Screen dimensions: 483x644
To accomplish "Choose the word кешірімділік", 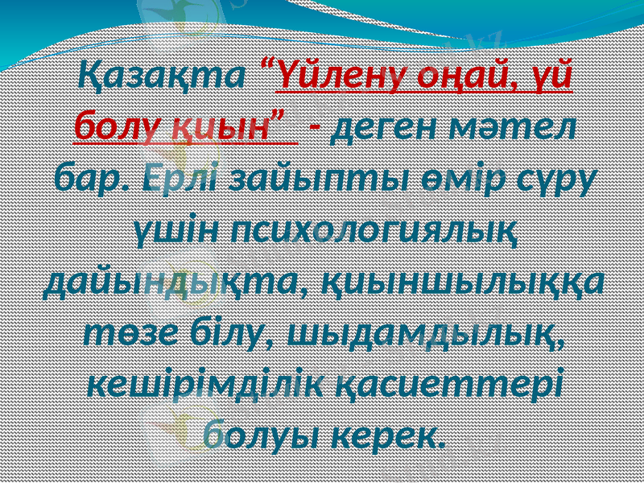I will (202, 383).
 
